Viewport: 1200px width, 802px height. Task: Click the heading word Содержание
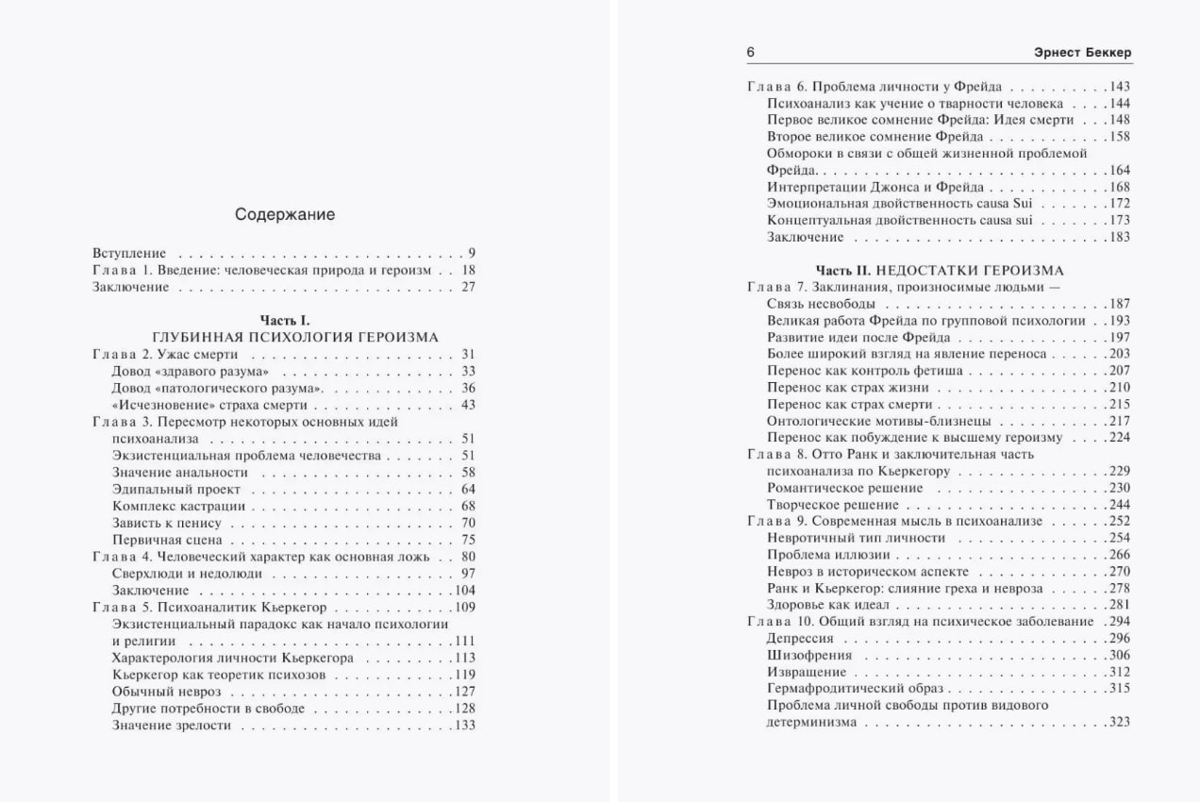pyautogui.click(x=285, y=215)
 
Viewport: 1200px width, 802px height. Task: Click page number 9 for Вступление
pyautogui.click(x=471, y=254)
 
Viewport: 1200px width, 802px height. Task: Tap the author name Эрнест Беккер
pyautogui.click(x=1080, y=53)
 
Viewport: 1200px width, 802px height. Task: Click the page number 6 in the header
pyautogui.click(x=751, y=53)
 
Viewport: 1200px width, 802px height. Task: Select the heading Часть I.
pyautogui.click(x=285, y=321)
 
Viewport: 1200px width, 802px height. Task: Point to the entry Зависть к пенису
pyautogui.click(x=166, y=524)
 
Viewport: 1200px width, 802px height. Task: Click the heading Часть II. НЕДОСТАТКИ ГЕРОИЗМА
pyautogui.click(x=940, y=271)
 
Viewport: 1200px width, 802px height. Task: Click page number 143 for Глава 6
pyautogui.click(x=1119, y=86)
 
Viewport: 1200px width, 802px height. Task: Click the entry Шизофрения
pyautogui.click(x=809, y=656)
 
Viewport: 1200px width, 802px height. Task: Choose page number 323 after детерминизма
pyautogui.click(x=1119, y=723)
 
